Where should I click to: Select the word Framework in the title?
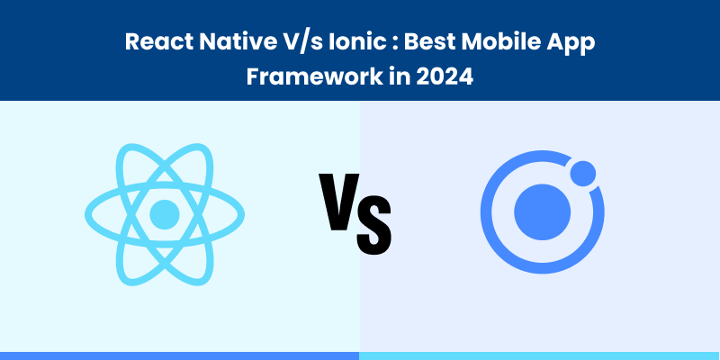coord(301,77)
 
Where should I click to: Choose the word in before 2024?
coord(389,77)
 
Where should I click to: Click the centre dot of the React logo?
coord(164,213)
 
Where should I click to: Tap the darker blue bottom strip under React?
coord(180,355)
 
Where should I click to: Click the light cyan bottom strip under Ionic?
coord(540,355)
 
